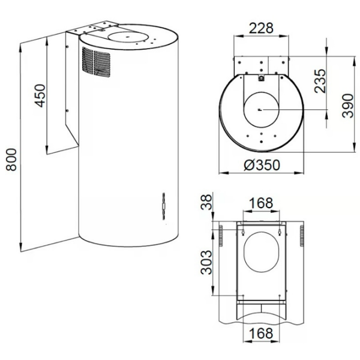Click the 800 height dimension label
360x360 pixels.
pyautogui.click(x=11, y=160)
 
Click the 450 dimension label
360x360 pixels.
pyautogui.click(x=40, y=96)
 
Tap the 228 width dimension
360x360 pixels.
pyautogui.click(x=261, y=28)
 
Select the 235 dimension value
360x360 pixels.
pyautogui.click(x=320, y=81)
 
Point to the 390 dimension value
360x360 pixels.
pyautogui.click(x=347, y=106)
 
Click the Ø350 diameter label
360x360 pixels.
pyautogui.click(x=262, y=165)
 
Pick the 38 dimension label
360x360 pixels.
pyautogui.click(x=206, y=202)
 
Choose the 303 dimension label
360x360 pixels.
pyautogui.click(x=206, y=262)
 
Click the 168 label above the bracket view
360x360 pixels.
pyautogui.click(x=261, y=203)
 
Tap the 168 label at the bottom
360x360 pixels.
pyautogui.click(x=261, y=333)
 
